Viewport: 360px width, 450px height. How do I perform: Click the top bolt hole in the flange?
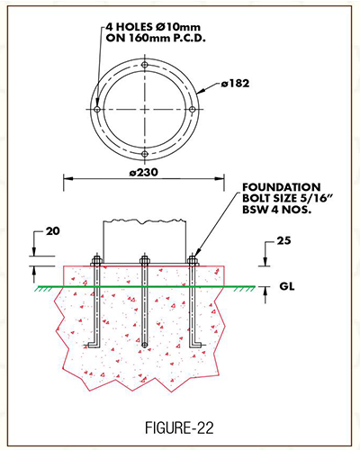(145, 65)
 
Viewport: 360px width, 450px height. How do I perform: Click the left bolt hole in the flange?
(97, 110)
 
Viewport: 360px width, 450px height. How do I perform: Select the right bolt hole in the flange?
(193, 110)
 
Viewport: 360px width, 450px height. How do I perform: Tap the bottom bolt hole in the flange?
(145, 154)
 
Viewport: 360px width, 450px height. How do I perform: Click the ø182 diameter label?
(236, 84)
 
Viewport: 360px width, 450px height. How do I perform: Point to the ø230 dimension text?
(144, 173)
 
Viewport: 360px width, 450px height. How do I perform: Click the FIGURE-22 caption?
(179, 427)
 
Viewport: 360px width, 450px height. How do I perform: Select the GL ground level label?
(287, 286)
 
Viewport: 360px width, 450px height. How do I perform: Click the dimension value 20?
(53, 231)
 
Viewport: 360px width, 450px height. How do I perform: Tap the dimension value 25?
(283, 241)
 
